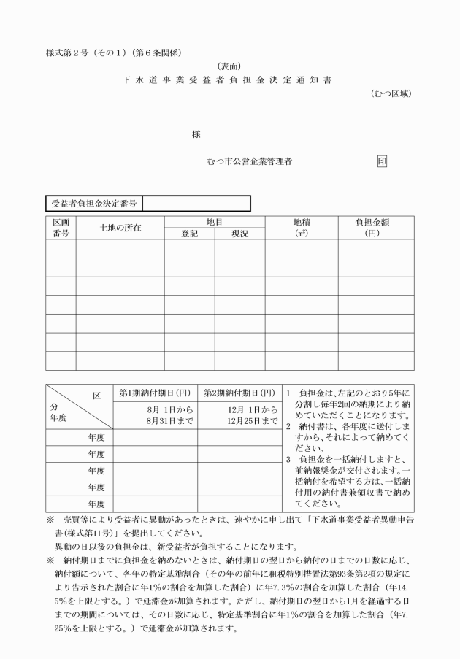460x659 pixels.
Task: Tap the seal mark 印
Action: (x=383, y=161)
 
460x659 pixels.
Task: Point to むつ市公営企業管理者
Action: (x=250, y=162)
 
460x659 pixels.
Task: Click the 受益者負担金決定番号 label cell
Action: (x=94, y=203)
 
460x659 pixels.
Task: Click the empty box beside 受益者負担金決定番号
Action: (x=196, y=203)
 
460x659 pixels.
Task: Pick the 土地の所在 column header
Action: (x=120, y=227)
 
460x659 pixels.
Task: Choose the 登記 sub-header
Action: (x=189, y=234)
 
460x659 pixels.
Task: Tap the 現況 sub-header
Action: (x=239, y=234)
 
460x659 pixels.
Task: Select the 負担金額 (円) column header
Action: (x=375, y=227)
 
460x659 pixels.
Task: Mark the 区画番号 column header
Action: (x=61, y=227)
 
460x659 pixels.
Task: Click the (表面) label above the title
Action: (x=229, y=66)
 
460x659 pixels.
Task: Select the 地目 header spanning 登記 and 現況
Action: (x=214, y=220)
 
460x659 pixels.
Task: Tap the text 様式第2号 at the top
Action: (x=69, y=51)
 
